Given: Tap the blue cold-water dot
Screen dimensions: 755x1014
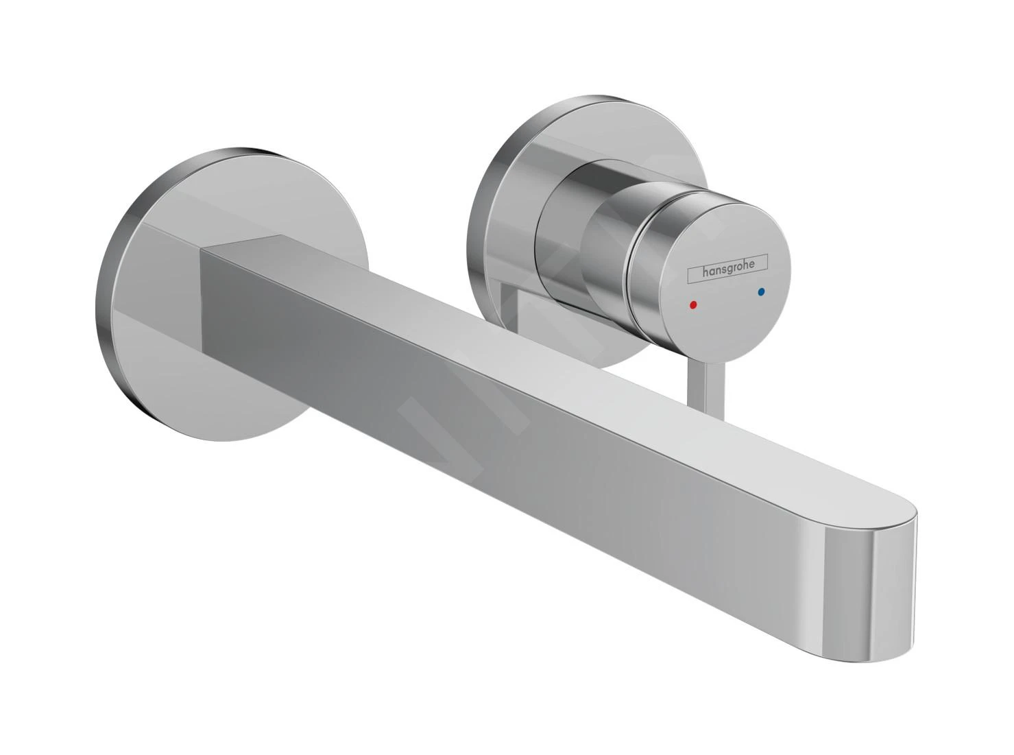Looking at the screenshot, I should (x=760, y=292).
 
